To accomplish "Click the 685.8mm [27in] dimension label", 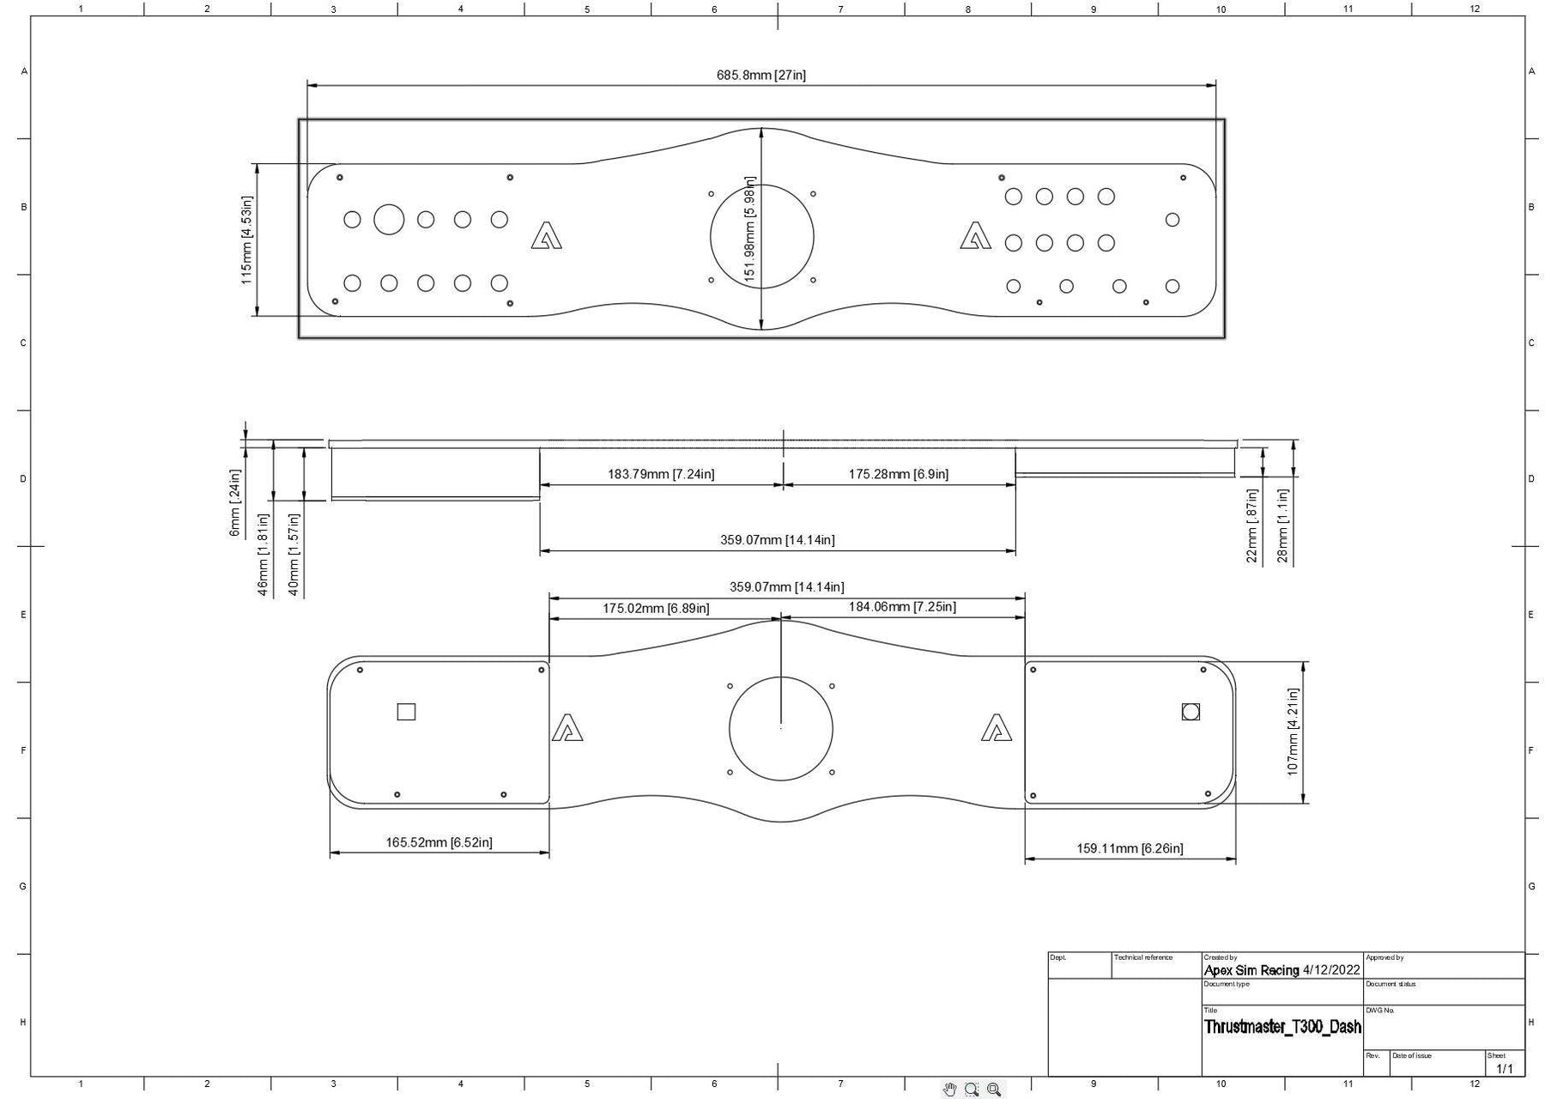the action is click(x=761, y=75).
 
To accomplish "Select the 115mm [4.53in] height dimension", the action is click(x=246, y=240).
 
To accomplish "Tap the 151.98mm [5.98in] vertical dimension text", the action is click(x=750, y=229).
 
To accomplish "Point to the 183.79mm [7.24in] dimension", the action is click(x=661, y=474).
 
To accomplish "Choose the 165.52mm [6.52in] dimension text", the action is click(x=439, y=842).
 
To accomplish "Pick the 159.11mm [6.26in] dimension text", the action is click(x=1130, y=848).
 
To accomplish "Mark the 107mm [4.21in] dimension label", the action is click(x=1293, y=732).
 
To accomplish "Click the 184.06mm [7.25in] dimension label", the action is click(x=902, y=607).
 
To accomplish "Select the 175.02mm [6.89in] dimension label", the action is click(x=656, y=609).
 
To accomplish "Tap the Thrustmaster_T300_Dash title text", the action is click(x=1282, y=1026).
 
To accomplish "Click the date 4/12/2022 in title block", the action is click(x=1331, y=970).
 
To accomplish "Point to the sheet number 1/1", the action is click(x=1505, y=1069).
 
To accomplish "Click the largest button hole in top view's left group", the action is click(x=389, y=219).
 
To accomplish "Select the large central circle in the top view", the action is click(x=762, y=236).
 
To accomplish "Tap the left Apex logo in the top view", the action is click(x=546, y=235).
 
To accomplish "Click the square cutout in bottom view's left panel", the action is click(x=407, y=712).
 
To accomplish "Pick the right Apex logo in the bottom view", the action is click(x=997, y=727).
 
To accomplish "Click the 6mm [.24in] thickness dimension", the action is click(x=234, y=503).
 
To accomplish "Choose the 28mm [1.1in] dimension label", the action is click(x=1282, y=526).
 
